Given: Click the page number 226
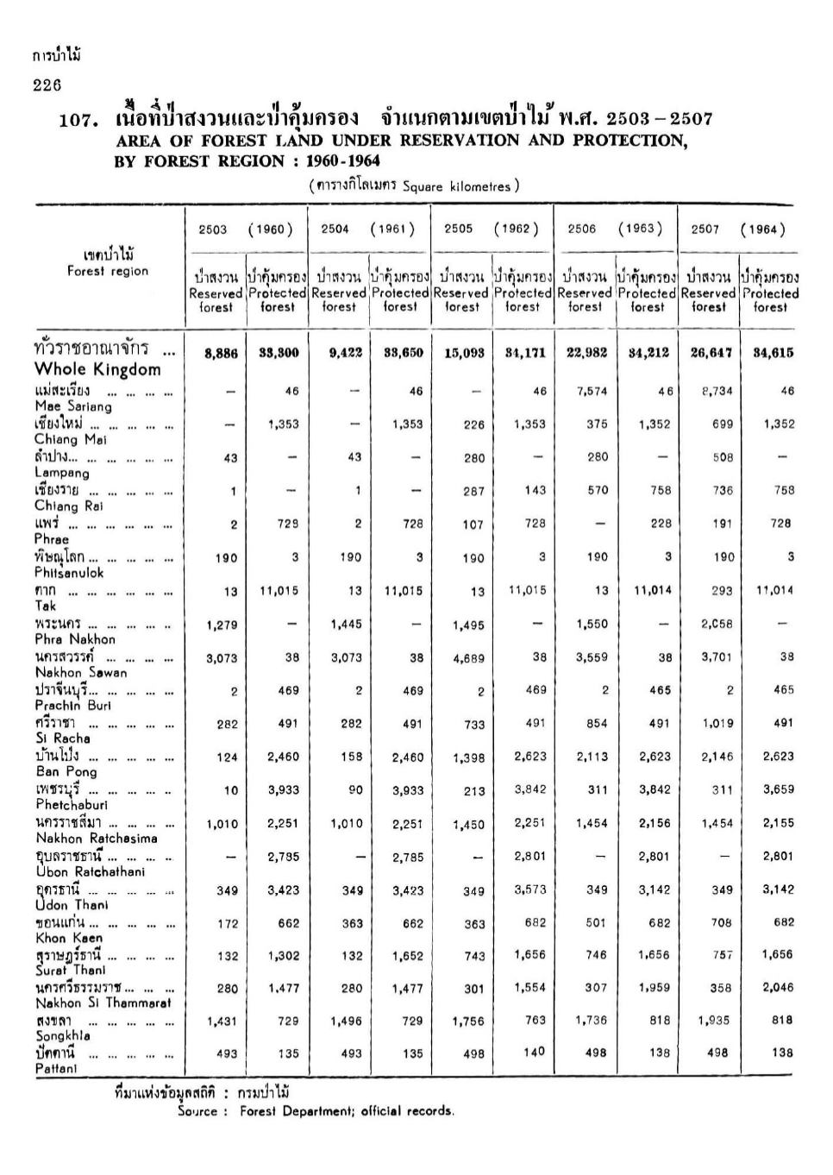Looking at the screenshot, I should point(47,85).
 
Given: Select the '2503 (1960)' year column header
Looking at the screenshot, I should point(245,229).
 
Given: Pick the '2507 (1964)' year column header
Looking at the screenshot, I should point(737,229).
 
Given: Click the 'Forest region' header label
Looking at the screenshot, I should point(108,272).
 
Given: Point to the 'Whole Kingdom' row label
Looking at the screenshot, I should point(97,369).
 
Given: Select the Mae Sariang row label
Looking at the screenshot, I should point(73,405).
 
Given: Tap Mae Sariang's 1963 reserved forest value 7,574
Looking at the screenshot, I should point(591,391).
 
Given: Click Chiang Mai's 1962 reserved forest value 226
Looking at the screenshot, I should point(473,424).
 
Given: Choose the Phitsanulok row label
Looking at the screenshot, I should point(69,573).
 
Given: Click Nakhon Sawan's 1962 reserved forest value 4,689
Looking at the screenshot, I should point(468,658).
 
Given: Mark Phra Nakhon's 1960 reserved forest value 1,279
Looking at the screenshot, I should point(222,625).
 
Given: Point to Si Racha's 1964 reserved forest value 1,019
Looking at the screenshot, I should point(716,724).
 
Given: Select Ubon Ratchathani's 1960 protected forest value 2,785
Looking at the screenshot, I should point(283,857).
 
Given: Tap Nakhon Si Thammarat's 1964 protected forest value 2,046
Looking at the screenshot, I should point(777,988).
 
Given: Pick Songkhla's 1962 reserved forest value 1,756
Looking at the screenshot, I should point(468,1021).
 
